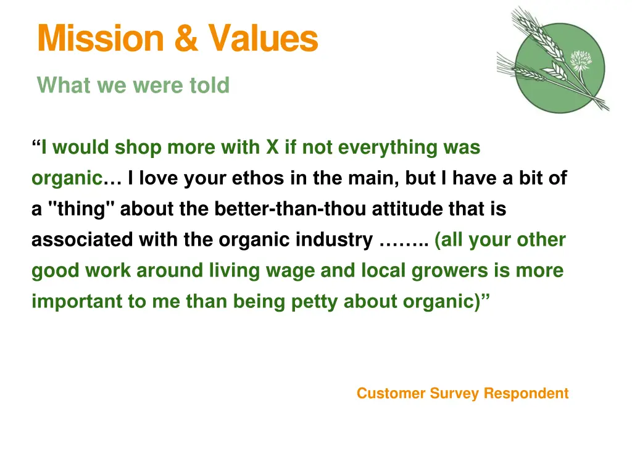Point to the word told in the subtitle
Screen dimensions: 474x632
(x=209, y=85)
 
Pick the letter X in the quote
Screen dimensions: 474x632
(x=272, y=148)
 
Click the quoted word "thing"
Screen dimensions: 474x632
(x=81, y=209)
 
